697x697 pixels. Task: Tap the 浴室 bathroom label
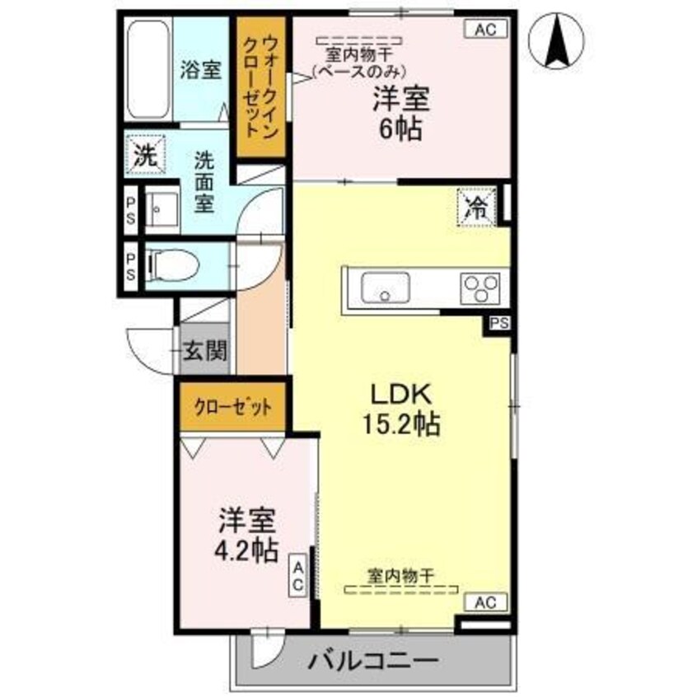[x=200, y=70]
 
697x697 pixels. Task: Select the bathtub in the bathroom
[x=149, y=69]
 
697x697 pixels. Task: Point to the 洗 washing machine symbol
[x=144, y=156]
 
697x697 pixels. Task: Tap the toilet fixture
[x=174, y=265]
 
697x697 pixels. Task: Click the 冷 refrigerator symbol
[x=475, y=206]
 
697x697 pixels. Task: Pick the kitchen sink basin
[x=386, y=289]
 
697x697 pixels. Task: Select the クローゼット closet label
[x=232, y=407]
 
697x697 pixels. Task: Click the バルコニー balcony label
[x=372, y=661]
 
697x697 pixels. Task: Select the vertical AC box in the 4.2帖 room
[x=297, y=577]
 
